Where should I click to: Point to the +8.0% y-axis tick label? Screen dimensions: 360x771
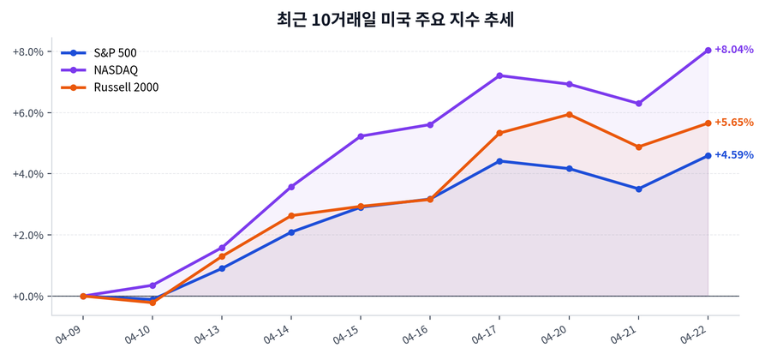coord(28,51)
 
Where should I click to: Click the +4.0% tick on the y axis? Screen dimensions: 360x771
coord(28,174)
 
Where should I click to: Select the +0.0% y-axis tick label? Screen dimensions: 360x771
coord(28,297)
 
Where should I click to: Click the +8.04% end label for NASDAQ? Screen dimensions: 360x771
coord(733,50)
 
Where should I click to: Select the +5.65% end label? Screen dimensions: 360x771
coord(733,123)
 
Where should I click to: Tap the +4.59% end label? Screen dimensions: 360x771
coord(733,155)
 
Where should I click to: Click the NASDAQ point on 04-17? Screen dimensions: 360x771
coord(499,75)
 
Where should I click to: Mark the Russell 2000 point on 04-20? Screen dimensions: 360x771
coord(569,114)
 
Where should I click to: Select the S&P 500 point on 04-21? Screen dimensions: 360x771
coord(638,189)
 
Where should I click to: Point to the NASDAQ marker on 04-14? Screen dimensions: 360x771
coord(291,187)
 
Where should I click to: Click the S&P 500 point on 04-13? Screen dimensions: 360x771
coord(222,268)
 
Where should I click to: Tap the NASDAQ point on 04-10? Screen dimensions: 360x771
coord(152,285)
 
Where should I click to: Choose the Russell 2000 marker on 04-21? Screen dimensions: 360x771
coord(638,147)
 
